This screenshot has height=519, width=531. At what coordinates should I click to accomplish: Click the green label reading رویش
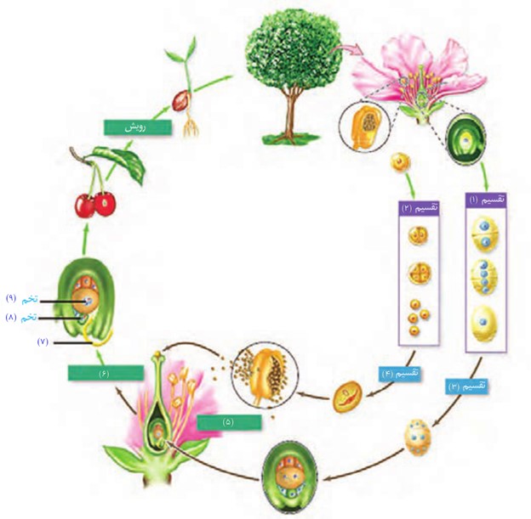(138, 127)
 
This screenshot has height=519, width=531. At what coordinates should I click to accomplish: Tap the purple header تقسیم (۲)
(420, 208)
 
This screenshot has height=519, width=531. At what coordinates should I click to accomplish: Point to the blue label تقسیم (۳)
(466, 386)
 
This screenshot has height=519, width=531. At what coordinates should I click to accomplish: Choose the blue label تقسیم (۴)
(400, 375)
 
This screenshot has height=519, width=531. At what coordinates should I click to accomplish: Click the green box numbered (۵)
(229, 422)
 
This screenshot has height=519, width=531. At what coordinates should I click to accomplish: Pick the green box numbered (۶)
(105, 373)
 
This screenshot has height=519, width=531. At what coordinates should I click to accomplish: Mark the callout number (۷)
(43, 342)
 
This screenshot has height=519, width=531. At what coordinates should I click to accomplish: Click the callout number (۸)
(12, 318)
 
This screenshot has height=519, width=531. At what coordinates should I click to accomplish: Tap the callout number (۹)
(12, 298)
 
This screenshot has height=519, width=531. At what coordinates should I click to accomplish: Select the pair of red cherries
(95, 204)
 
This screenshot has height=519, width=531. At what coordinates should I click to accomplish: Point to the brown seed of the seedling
(181, 100)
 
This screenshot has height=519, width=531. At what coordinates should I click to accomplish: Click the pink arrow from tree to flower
(345, 52)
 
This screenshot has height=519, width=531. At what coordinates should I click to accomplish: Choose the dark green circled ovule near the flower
(466, 139)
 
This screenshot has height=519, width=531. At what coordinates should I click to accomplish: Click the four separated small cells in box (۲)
(418, 317)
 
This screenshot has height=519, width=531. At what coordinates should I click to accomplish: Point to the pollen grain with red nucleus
(348, 397)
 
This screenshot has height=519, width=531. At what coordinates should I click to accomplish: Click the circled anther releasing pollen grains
(265, 375)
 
